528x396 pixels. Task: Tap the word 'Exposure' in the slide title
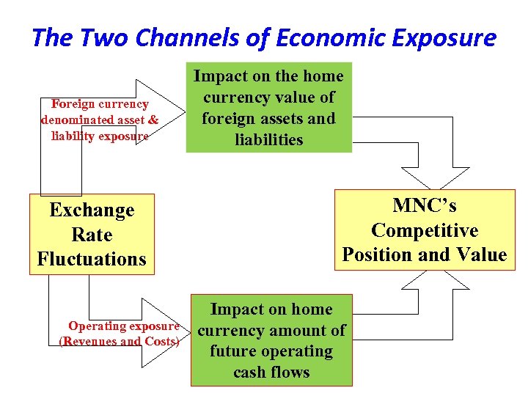click(448, 38)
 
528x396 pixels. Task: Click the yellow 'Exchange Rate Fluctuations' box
click(92, 235)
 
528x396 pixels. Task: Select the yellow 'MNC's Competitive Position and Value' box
click(424, 230)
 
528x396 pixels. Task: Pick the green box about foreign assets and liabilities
click(268, 109)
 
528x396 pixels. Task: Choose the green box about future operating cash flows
click(271, 341)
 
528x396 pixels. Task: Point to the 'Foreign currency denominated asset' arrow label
click(100, 112)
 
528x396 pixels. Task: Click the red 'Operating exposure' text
click(123, 326)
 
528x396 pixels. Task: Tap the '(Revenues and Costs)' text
click(119, 341)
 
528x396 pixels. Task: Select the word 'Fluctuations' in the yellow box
click(92, 260)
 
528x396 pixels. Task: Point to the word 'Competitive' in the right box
click(424, 230)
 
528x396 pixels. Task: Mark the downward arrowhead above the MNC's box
click(439, 178)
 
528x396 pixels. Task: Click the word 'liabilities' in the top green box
click(268, 139)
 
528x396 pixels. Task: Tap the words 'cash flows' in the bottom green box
click(271, 373)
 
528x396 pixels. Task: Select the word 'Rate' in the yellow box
click(92, 235)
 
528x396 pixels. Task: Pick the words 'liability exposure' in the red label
click(100, 136)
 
